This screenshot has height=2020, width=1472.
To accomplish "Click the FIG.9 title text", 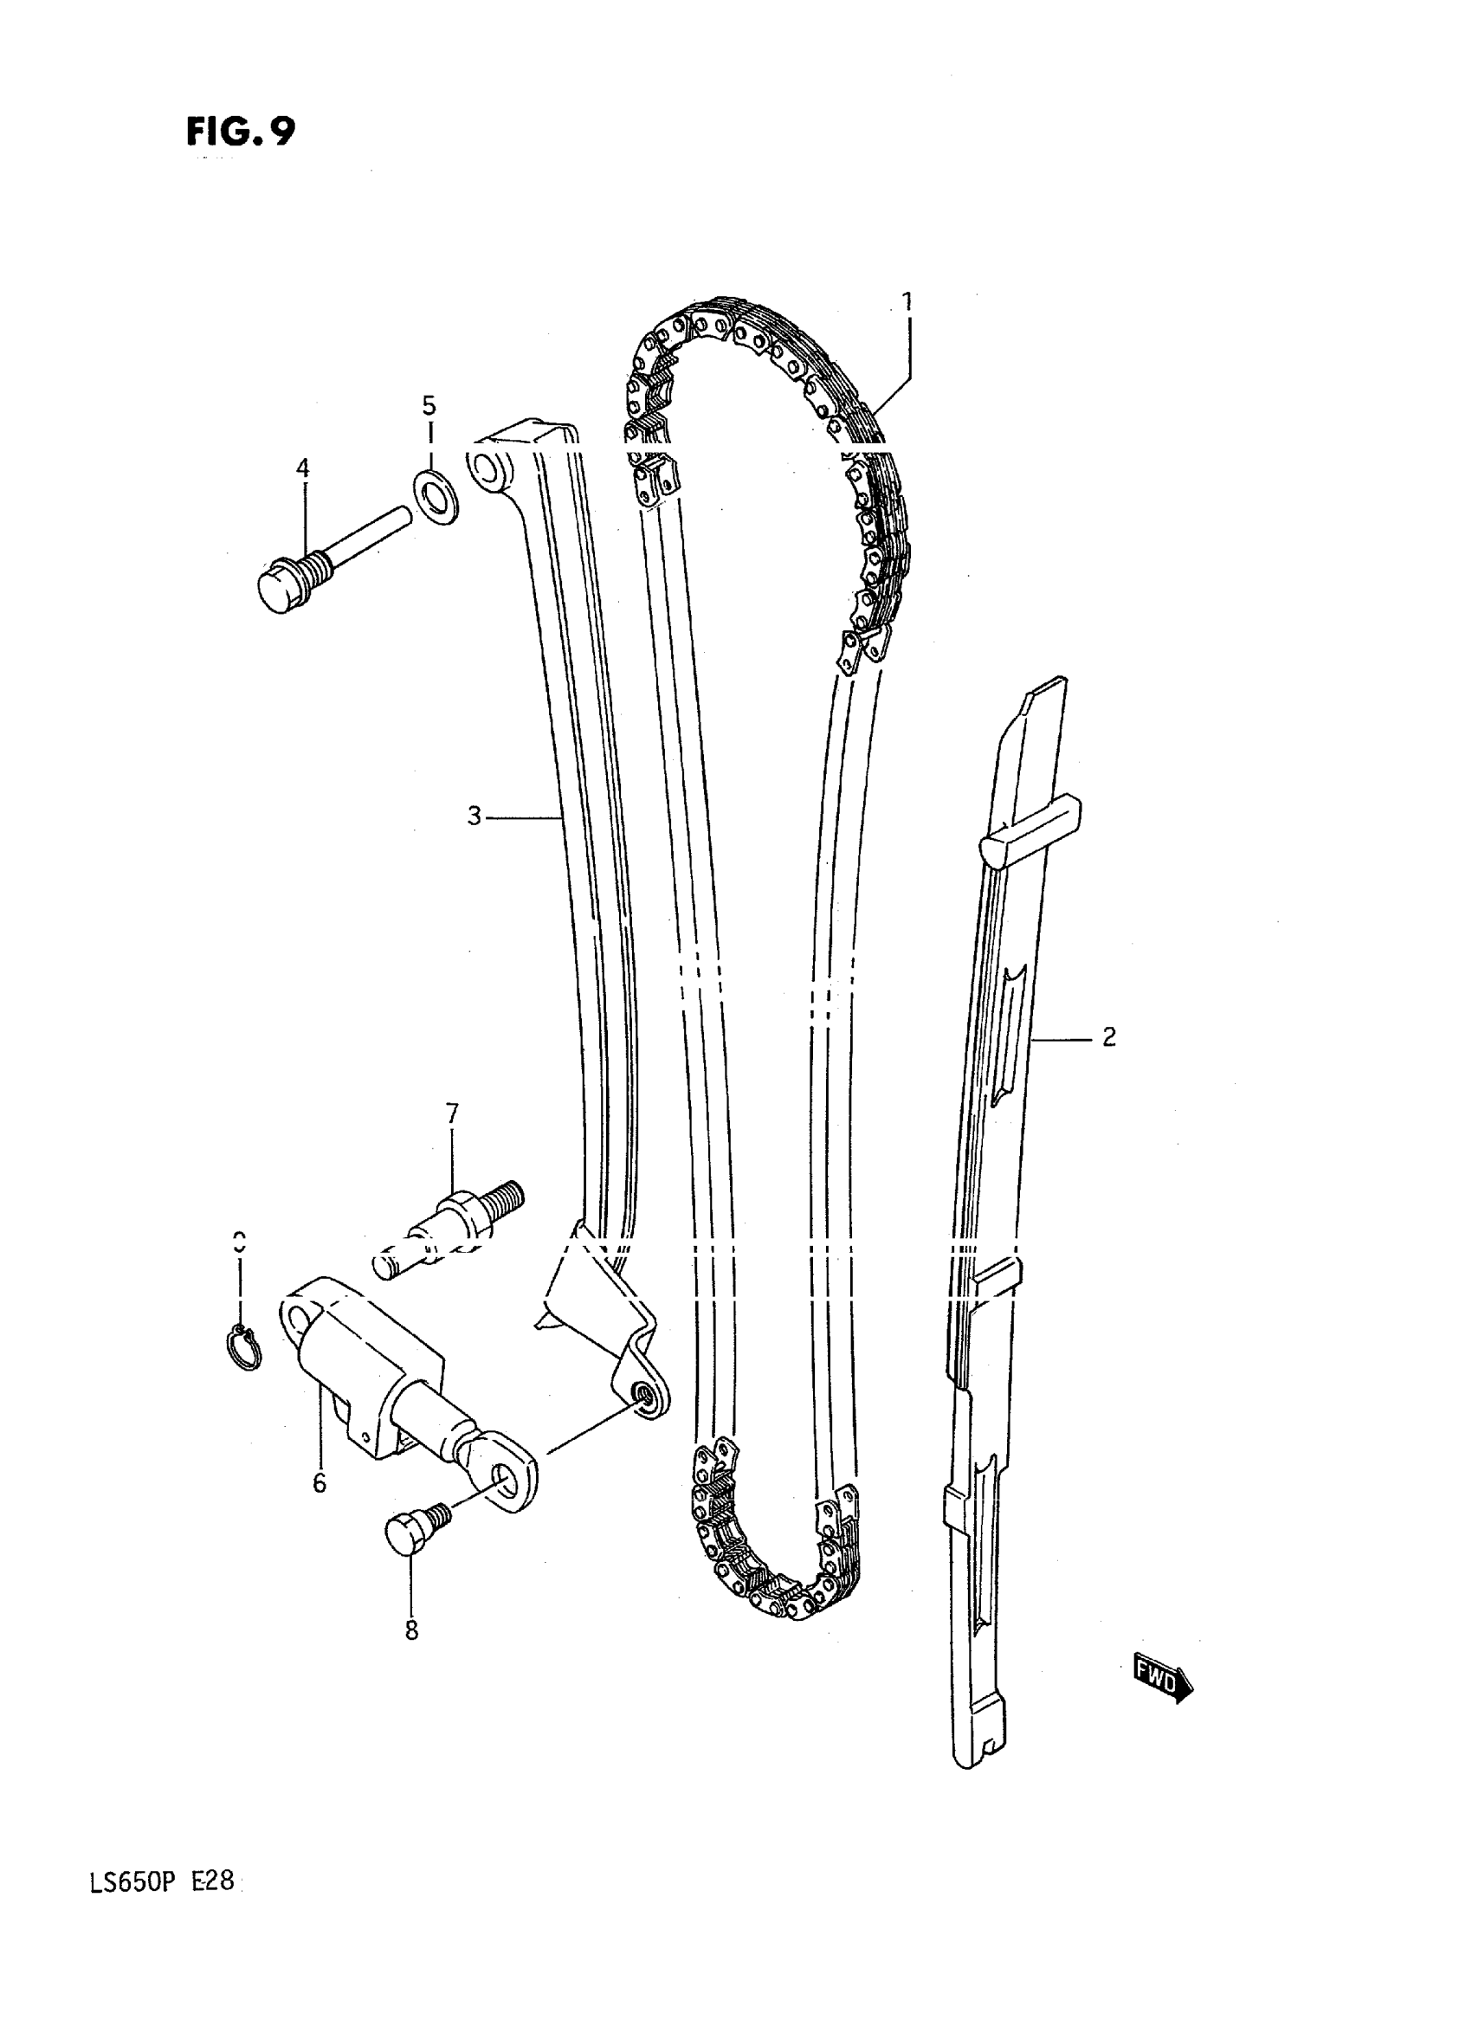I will coord(240,132).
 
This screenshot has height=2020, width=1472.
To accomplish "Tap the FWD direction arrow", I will coord(1163,1681).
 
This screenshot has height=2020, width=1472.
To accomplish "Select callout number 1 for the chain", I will coord(907,301).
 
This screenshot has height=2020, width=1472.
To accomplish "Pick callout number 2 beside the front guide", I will coord(1108,1036).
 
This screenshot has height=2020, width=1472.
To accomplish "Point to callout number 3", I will coord(475,816).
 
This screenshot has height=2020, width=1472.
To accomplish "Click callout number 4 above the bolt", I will coord(303,468).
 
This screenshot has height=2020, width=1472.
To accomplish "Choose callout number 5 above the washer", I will coord(429,406).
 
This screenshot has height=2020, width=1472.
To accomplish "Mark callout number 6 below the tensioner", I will coord(319,1482).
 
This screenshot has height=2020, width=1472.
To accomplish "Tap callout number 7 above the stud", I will coord(452,1113).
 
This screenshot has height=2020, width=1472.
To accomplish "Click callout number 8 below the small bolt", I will coord(410,1630).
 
